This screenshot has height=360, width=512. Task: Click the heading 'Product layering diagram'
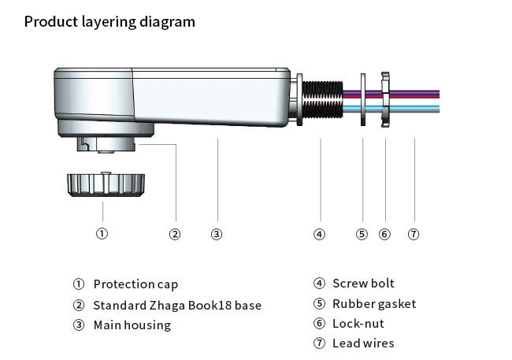tap(109, 22)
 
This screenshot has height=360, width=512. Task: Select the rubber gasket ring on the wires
tap(362, 102)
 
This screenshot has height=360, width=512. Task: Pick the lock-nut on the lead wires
tap(386, 102)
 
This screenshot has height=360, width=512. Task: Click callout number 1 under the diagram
tap(102, 233)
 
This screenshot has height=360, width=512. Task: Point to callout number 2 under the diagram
tap(175, 233)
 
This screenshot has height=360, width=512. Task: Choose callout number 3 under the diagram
tap(217, 233)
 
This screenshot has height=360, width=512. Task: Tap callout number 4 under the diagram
tap(319, 233)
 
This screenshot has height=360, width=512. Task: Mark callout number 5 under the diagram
tap(362, 233)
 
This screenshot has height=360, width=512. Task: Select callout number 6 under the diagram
tap(384, 233)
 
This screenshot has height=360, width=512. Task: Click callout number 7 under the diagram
tap(413, 233)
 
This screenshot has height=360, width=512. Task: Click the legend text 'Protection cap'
tap(135, 284)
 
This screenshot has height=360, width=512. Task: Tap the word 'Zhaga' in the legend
tap(169, 305)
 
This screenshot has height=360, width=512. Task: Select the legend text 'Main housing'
tap(132, 325)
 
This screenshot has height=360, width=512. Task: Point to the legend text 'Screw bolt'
tap(363, 284)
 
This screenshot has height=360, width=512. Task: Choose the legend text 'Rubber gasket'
tap(374, 304)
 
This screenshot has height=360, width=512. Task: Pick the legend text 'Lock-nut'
tap(358, 324)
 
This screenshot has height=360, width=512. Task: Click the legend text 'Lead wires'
tap(363, 343)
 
